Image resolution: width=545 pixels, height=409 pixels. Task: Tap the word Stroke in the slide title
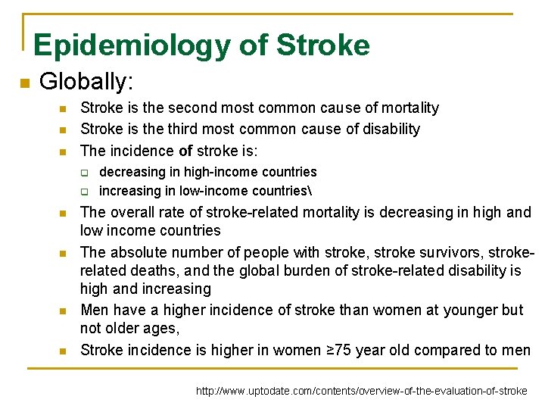coord(323,45)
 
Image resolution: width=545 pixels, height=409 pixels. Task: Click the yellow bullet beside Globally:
coord(23,83)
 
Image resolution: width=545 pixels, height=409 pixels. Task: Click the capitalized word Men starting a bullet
coord(95,310)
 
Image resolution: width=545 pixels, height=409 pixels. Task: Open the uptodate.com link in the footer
coord(362,392)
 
